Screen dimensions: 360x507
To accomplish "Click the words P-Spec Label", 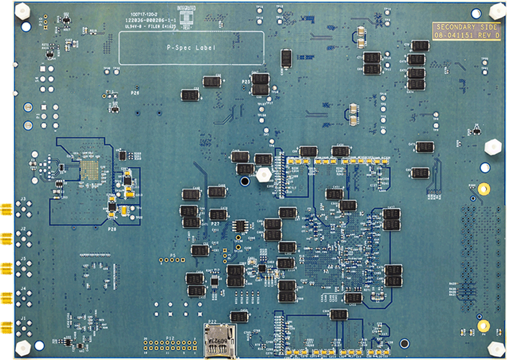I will click(x=191, y=48).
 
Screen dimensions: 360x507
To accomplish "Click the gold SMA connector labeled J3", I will click(x=6, y=210).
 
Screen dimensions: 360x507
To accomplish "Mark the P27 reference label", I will click(x=215, y=225).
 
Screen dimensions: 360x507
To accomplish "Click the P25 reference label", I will click(x=246, y=83).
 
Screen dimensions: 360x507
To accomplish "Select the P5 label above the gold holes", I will click(x=173, y=255).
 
